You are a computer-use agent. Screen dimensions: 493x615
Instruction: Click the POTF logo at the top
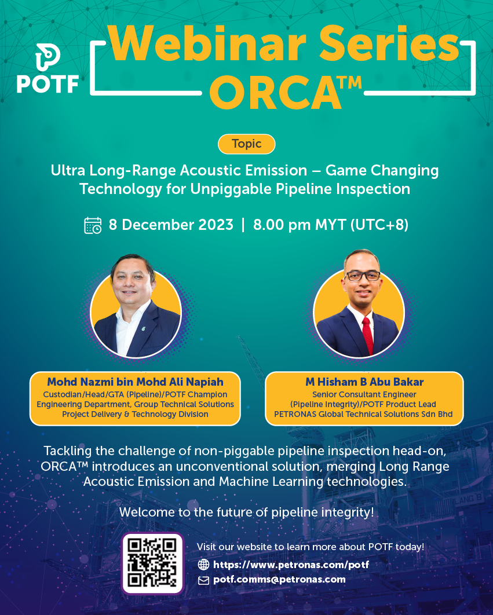point(48,68)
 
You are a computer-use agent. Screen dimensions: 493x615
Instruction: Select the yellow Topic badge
point(247,144)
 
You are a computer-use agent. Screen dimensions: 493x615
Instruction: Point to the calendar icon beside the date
point(93,225)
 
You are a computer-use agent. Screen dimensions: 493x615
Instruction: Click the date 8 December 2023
point(171,225)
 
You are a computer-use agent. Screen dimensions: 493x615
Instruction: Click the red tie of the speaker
point(367,336)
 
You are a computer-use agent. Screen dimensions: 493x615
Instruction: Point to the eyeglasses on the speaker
point(363,276)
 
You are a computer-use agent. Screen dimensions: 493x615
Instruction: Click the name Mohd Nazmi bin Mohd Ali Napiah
point(135,382)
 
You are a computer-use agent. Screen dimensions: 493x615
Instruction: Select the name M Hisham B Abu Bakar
point(364,382)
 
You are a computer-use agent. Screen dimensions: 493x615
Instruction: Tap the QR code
point(153,563)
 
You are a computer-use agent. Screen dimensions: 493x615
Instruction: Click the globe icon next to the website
point(203,565)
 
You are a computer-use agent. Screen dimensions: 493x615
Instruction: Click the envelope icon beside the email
point(203,580)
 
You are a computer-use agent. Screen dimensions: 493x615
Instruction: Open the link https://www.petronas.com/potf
point(291,565)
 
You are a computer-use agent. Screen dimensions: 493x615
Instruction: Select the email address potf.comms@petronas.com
point(279,580)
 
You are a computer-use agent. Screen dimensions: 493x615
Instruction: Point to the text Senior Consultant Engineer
point(364,394)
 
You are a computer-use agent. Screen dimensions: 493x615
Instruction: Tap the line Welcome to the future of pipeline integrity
point(247,512)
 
